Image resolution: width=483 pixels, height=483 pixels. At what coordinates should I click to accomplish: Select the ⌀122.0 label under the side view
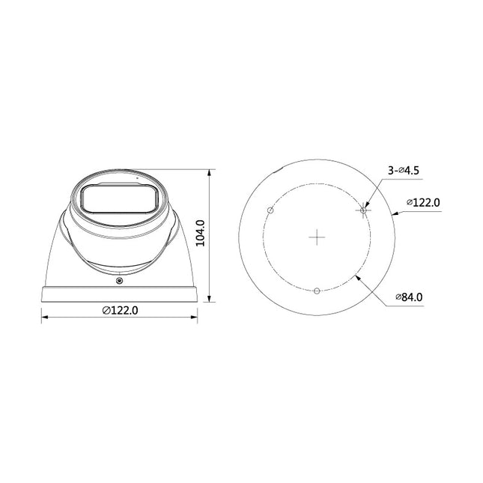click(120, 310)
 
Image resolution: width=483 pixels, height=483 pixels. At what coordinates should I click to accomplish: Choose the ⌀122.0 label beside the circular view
click(422, 203)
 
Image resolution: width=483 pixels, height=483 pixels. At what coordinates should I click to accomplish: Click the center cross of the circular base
click(318, 237)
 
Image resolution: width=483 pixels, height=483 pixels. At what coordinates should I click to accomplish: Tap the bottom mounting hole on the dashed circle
click(318, 291)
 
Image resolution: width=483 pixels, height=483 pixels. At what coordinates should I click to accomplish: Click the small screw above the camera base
click(119, 280)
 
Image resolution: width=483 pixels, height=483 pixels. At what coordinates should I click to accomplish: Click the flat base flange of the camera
click(119, 293)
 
